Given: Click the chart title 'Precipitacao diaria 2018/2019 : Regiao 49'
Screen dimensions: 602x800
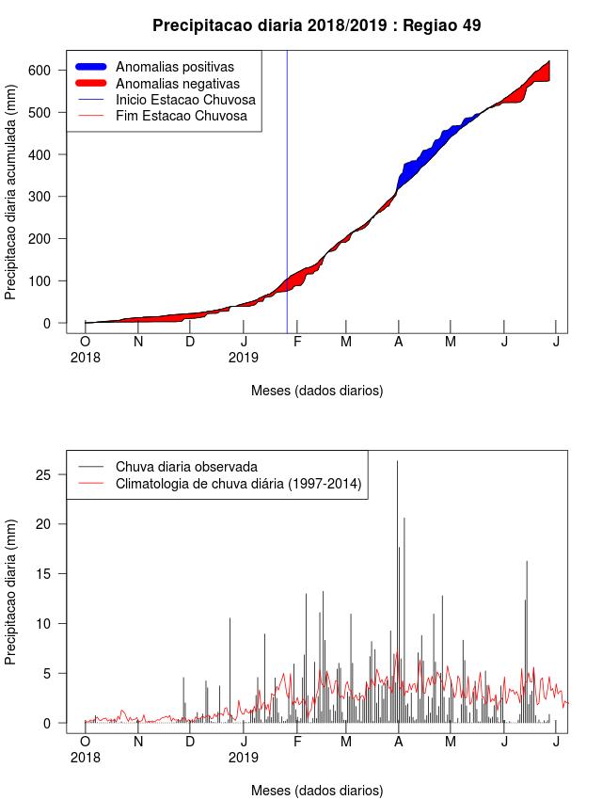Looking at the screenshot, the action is pos(317,25).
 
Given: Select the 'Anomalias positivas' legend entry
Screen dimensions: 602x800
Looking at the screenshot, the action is pos(154,67).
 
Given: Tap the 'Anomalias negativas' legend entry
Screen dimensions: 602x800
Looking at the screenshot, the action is pos(157,83).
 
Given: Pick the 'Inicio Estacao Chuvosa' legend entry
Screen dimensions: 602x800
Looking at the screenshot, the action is pos(166,100).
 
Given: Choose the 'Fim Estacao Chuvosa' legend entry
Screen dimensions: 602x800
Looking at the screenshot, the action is pos(162,116).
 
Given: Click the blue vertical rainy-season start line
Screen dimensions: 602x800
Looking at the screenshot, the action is pos(287,192).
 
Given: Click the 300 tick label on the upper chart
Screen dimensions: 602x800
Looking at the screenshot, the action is pos(40,197).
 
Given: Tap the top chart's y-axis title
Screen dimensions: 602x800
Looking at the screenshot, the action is pos(10,192).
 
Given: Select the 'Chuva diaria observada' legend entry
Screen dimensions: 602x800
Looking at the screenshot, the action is pos(167,467).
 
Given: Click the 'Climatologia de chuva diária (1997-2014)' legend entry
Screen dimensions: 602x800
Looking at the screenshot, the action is pos(220,483).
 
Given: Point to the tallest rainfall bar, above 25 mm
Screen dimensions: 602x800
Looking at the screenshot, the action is pos(398,592).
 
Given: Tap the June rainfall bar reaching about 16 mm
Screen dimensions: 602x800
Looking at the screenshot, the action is pos(527,642).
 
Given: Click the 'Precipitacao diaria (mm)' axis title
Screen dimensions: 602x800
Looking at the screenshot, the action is pos(10,592).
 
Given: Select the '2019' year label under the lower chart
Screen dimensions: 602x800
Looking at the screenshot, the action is pos(243,758).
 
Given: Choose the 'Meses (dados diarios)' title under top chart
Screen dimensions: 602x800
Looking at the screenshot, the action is pos(317,391).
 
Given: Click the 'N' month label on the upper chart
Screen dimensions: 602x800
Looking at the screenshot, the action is pos(138,342).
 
